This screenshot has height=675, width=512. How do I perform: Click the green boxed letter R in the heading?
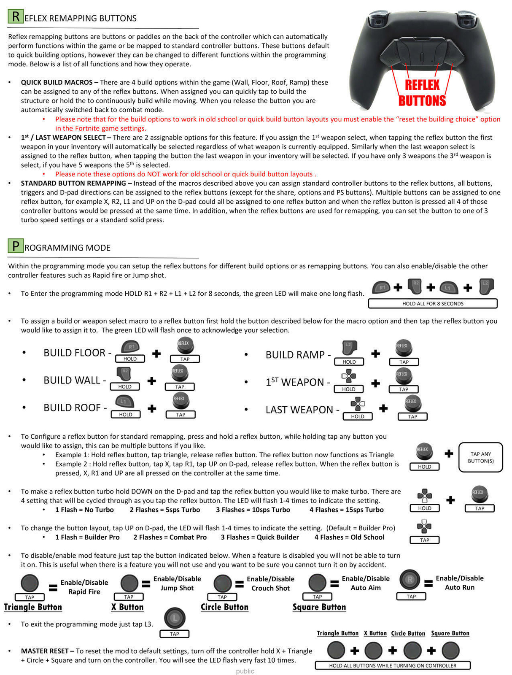pos(16,17)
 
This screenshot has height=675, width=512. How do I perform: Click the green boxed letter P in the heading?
pos(16,246)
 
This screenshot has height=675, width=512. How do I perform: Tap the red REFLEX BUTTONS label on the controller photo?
pos(422,93)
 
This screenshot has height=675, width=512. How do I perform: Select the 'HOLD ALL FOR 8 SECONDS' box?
pos(433,303)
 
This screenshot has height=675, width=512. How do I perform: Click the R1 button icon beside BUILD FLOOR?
pos(130,347)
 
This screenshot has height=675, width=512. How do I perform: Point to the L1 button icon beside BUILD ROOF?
pos(124,402)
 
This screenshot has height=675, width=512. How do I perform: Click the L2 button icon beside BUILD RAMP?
pos(349,349)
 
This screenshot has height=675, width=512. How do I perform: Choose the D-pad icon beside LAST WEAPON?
pos(358,404)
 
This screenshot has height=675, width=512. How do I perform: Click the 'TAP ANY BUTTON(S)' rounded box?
pos(480,457)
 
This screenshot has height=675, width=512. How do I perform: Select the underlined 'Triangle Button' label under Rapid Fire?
pos(33,607)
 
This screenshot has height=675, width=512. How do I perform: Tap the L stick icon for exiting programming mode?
pos(174,618)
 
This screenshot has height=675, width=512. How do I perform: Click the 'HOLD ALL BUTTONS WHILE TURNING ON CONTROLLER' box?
pos(393,665)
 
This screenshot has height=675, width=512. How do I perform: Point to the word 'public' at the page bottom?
pos(245,671)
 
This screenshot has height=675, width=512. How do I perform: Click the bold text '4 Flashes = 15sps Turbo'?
pos(346,510)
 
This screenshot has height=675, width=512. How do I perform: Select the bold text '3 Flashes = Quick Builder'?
pos(260,537)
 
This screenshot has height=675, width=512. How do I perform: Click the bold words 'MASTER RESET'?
pos(46,651)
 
